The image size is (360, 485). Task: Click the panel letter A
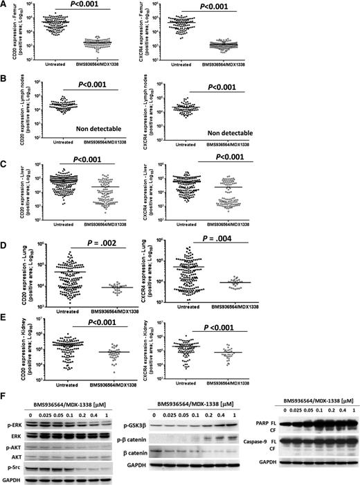6,6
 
